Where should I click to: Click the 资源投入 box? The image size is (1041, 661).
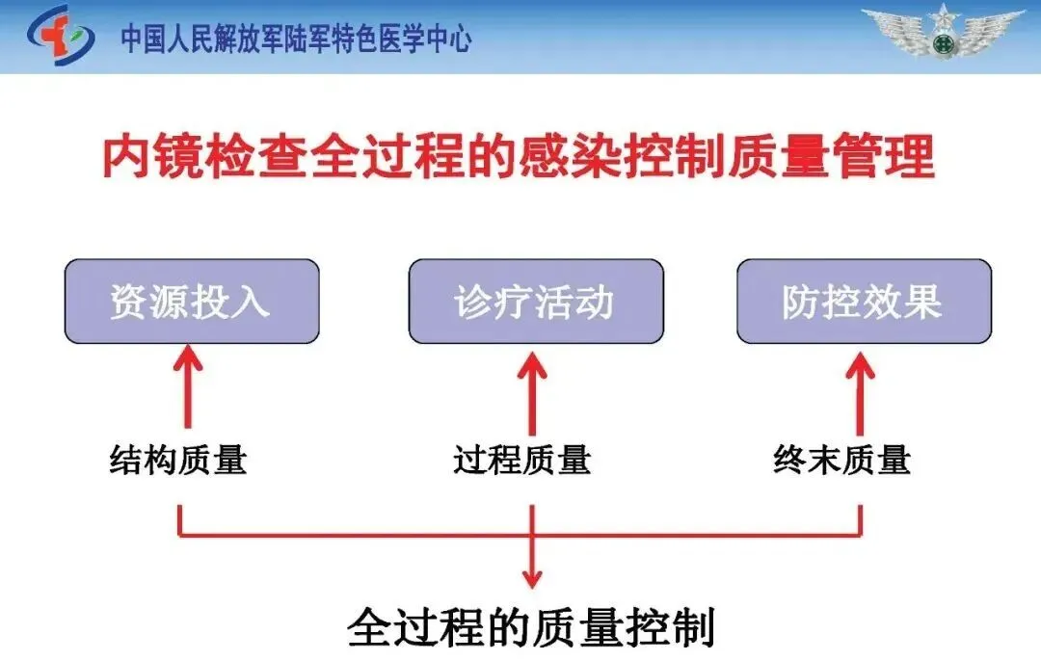(191, 302)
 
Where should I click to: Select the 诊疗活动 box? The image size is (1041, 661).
(535, 302)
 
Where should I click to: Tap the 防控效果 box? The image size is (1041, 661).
(864, 302)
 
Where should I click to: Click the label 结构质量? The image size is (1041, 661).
(178, 460)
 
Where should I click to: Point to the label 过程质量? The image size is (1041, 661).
(521, 460)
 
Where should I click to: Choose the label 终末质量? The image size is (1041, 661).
(841, 460)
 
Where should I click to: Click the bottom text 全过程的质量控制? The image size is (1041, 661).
(530, 627)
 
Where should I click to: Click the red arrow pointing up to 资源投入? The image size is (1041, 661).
(188, 390)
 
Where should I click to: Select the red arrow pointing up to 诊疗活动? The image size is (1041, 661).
(531, 390)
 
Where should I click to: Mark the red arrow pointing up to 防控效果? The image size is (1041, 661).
(860, 390)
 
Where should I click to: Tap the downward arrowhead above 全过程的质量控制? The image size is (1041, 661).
(531, 577)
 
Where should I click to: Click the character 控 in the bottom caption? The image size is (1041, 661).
(645, 627)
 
